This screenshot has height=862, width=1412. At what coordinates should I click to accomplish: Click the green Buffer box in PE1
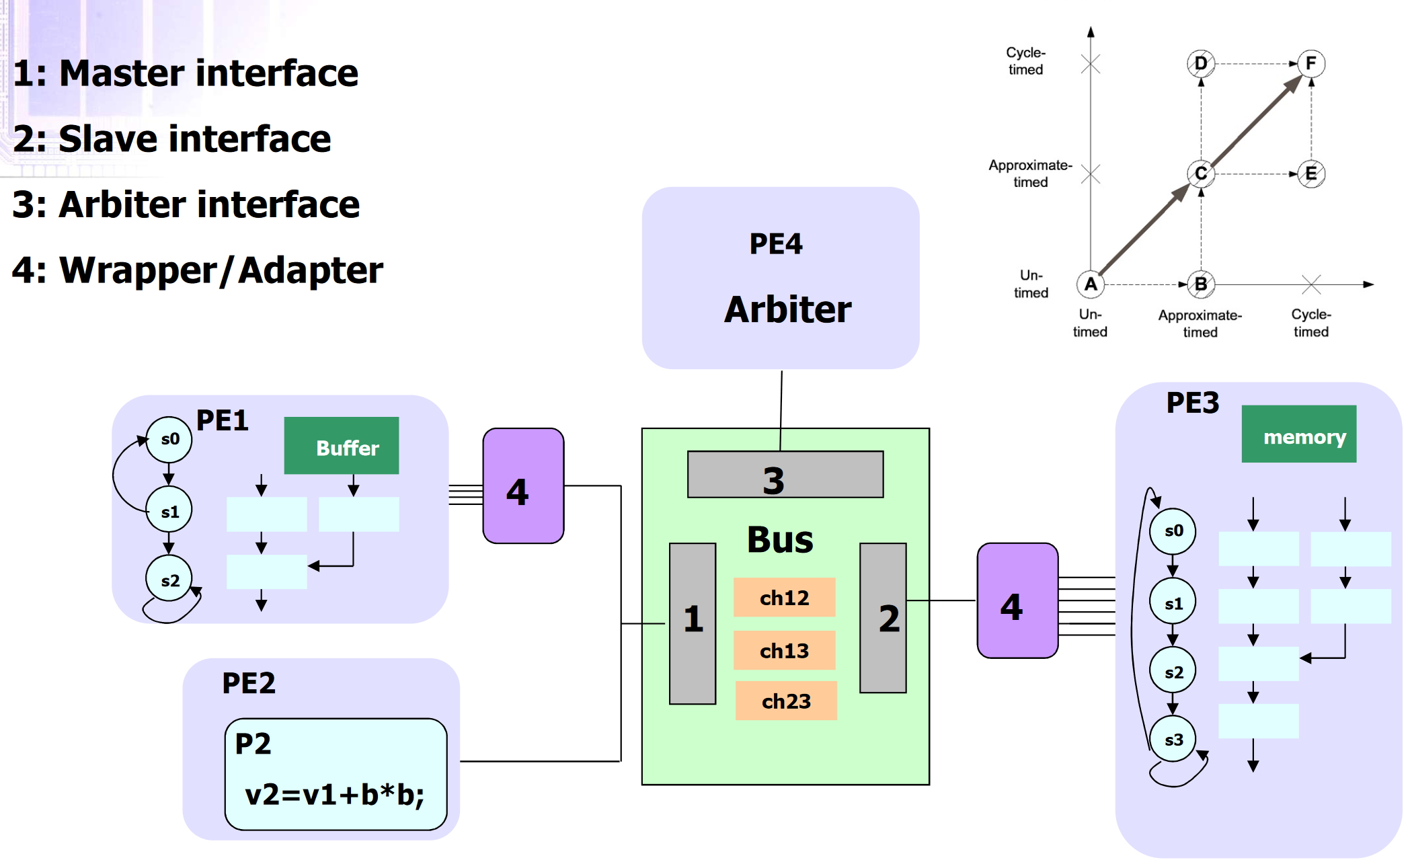tap(341, 446)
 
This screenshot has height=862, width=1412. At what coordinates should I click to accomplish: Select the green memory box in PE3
tap(1298, 434)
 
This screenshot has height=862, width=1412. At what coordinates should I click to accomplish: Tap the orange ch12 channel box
tap(784, 597)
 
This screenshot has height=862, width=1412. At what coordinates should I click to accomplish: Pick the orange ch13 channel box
tap(784, 650)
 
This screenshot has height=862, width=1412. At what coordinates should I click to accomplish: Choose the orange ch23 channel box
tap(786, 701)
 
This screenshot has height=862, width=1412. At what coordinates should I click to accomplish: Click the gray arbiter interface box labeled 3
tap(785, 475)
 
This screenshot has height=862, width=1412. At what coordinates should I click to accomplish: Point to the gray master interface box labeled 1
tap(693, 623)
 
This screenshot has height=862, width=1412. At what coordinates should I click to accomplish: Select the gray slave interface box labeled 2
tap(883, 618)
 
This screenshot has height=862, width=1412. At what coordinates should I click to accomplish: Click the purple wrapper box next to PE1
tap(523, 486)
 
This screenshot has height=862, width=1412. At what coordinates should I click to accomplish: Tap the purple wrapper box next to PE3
tap(1017, 600)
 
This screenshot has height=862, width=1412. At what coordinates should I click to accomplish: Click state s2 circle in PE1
tap(169, 579)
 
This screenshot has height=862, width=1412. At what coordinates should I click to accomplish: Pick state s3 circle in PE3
tap(1173, 740)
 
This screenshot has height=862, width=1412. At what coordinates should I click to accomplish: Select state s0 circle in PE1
tap(169, 440)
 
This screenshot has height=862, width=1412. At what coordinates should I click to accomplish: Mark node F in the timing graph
tap(1310, 64)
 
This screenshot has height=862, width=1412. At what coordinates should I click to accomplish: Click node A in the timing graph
tap(1090, 284)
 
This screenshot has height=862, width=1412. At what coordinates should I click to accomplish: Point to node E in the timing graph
tap(1310, 174)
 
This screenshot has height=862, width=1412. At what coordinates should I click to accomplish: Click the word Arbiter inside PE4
tap(787, 310)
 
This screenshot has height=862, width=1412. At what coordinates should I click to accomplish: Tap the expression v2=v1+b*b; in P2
tap(334, 795)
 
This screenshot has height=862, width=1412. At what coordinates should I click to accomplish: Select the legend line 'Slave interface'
tap(172, 139)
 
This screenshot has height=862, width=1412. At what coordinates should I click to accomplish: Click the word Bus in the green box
tap(780, 539)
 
